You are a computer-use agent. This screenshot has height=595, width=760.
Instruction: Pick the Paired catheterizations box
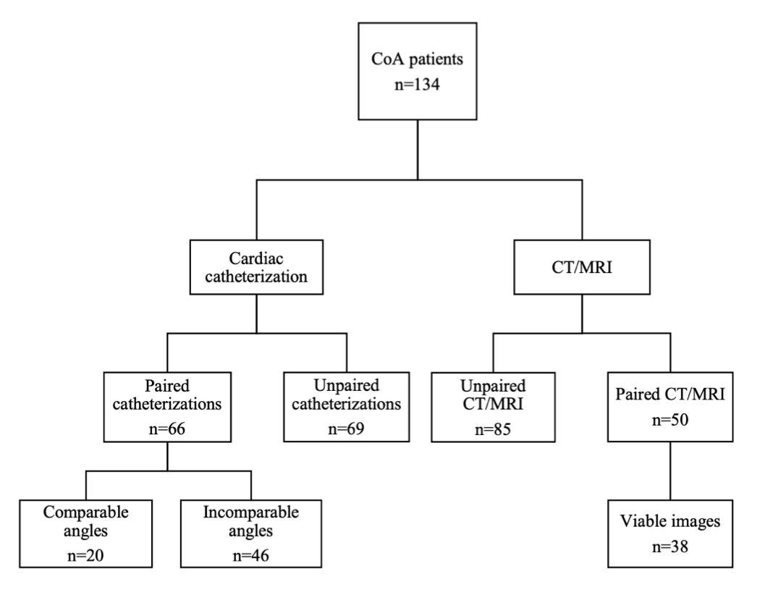pyautogui.click(x=169, y=407)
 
